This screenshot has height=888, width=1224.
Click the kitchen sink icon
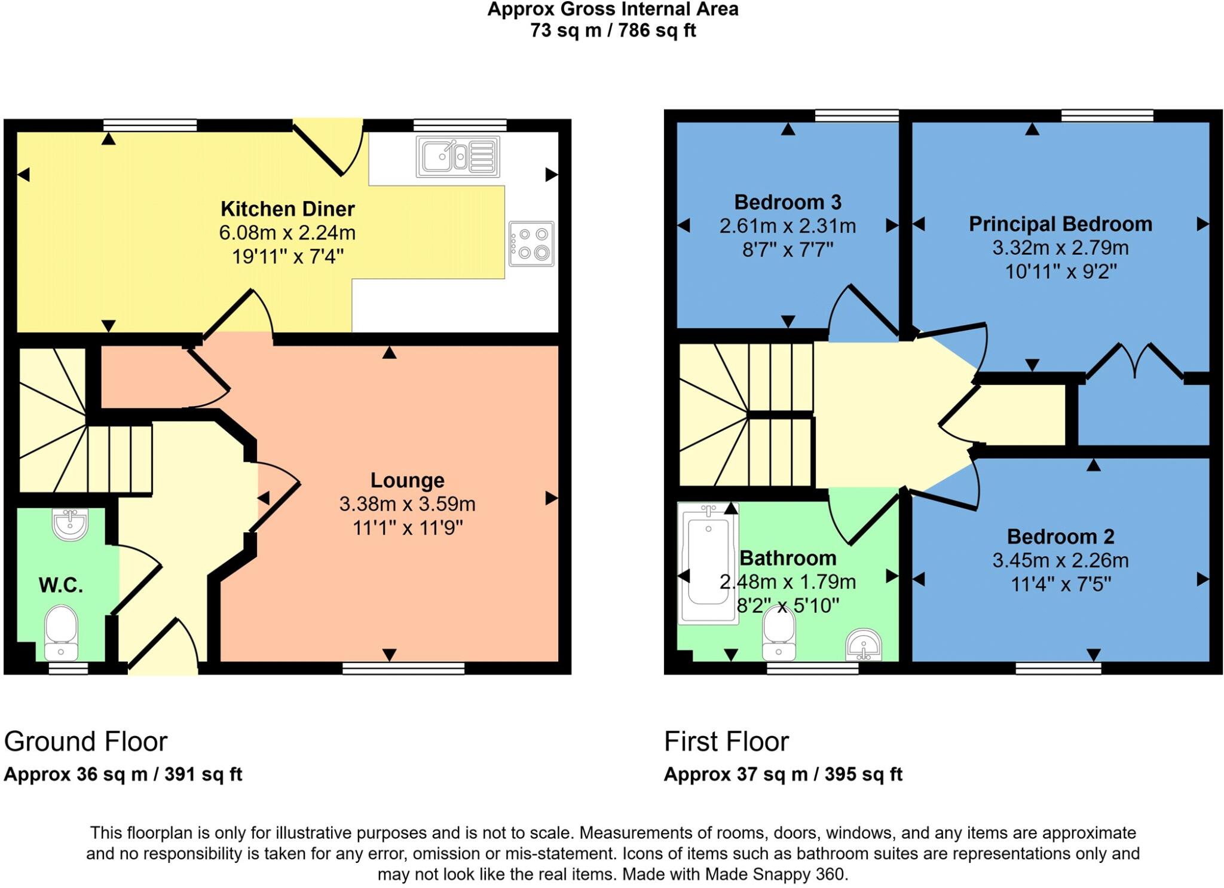[x=458, y=157]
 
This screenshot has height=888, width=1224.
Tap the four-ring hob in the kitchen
[x=531, y=243]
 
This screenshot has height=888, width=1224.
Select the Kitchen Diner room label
[x=287, y=209]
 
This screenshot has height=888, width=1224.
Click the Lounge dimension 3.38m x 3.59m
[x=407, y=504]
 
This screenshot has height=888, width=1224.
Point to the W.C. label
[x=60, y=585]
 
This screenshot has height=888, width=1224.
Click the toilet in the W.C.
[x=61, y=631]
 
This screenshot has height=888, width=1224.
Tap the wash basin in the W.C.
[x=70, y=524]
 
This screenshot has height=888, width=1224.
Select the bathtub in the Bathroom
[x=708, y=563]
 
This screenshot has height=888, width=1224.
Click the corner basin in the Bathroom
[x=864, y=645]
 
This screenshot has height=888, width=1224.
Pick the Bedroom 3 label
[x=787, y=203]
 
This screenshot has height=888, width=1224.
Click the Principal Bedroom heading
[x=1060, y=224]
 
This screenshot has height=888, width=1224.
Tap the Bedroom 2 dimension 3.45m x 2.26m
[x=1060, y=560]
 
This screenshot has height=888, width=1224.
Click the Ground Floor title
[x=85, y=741]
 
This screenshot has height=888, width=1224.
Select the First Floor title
[x=726, y=741]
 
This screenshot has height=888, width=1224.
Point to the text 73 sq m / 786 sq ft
[x=613, y=30]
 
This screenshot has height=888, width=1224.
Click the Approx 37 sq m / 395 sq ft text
[x=782, y=774]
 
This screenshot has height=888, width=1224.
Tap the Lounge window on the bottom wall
[x=403, y=668]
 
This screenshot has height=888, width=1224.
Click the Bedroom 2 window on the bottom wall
[x=1058, y=668]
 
